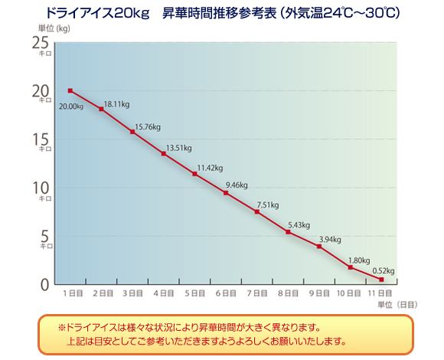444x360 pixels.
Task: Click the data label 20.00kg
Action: pos(70,106)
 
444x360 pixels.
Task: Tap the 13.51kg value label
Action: pos(178,148)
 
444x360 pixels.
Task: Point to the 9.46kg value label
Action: pos(239,185)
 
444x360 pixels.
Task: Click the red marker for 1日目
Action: pos(70,91)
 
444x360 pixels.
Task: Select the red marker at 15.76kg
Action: pos(132,132)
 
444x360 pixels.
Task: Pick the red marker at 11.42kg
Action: pos(194,174)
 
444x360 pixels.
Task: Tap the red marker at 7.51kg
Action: pos(256,211)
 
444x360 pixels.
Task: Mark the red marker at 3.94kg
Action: pos(319,246)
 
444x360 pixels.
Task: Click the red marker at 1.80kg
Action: pos(350,267)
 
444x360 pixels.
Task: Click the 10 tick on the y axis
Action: pos(43,187)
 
